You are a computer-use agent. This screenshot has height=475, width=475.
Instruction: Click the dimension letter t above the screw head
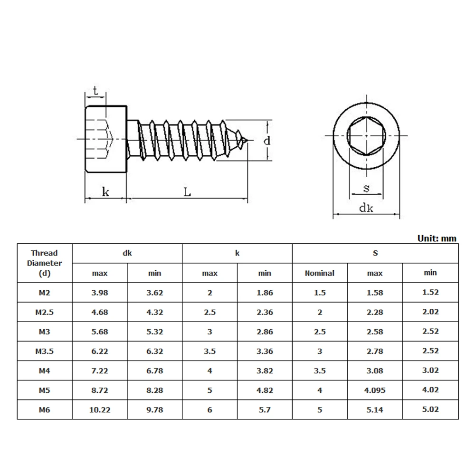point(95,91)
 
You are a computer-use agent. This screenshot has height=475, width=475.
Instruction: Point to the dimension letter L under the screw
point(188,192)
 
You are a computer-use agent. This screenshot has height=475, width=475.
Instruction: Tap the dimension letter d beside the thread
point(267,141)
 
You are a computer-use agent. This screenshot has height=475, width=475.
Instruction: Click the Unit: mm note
point(437,238)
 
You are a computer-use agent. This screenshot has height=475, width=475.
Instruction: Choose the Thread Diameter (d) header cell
point(44,263)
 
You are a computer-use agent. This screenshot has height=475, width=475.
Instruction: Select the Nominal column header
point(319,273)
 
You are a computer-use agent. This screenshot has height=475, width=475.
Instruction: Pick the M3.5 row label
point(44,351)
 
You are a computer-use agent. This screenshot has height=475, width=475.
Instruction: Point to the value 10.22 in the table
point(100,409)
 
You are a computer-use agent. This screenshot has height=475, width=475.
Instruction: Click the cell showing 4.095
point(375,390)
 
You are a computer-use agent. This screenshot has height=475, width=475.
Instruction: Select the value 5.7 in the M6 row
point(265,409)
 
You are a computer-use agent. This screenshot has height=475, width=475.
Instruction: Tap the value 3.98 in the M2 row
point(100,293)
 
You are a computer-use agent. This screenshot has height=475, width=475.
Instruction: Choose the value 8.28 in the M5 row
point(154,390)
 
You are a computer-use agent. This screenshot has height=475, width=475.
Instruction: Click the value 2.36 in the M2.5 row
point(265,312)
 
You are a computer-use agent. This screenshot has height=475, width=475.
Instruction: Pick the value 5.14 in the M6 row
point(375,409)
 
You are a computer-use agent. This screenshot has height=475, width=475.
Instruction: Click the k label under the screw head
point(105,192)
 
